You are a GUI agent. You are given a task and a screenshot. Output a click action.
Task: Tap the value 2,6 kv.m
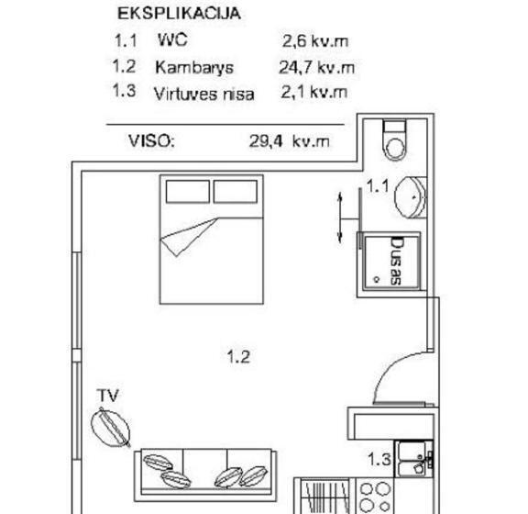(314, 41)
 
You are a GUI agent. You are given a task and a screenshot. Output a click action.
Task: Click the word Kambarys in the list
(194, 67)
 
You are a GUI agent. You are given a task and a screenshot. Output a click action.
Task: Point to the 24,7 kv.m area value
(316, 67)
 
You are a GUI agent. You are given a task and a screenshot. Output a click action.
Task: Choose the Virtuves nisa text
(204, 93)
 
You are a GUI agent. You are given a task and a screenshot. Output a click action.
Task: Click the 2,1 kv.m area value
(314, 92)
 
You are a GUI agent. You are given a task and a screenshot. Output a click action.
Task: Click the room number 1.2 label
(238, 356)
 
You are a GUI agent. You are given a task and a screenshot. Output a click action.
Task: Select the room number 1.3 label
(379, 458)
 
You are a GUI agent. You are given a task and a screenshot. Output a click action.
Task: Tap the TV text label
(109, 396)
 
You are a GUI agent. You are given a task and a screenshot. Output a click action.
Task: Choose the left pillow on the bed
(188, 191)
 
